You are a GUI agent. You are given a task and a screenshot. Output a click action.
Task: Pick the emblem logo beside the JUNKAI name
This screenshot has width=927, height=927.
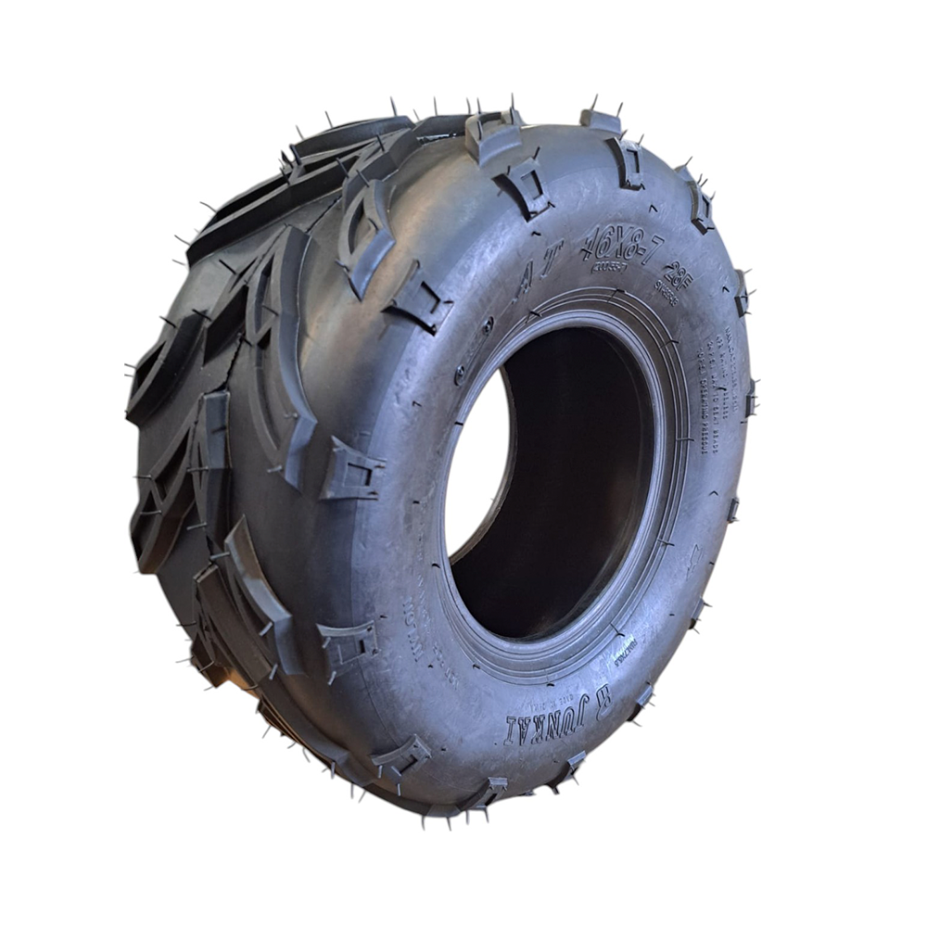tap(602, 693)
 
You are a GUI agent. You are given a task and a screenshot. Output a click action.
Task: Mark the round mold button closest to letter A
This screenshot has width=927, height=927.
tap(488, 324)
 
